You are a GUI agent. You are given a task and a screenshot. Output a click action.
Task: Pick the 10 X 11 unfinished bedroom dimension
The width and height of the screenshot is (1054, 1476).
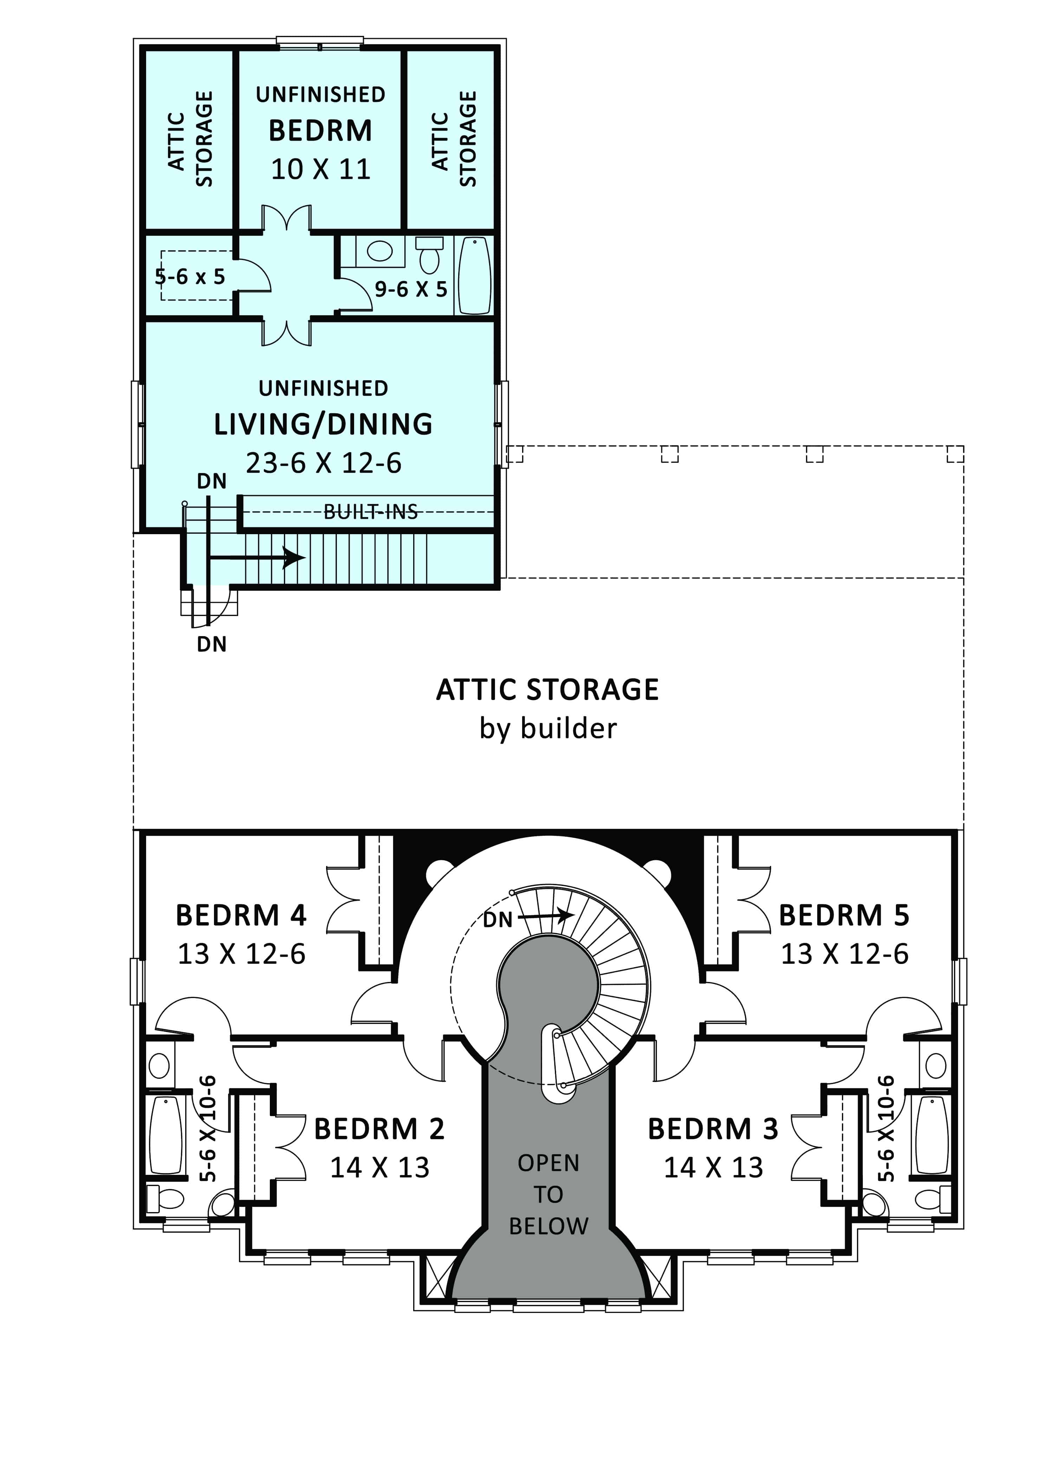[x=321, y=169]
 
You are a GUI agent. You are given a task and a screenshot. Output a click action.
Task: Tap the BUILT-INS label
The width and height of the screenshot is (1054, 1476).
[x=371, y=512]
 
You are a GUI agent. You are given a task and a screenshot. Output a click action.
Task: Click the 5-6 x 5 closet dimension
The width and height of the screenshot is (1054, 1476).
[x=189, y=277]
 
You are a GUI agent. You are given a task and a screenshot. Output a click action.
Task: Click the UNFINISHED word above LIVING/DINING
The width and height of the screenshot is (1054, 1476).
[x=323, y=388]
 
